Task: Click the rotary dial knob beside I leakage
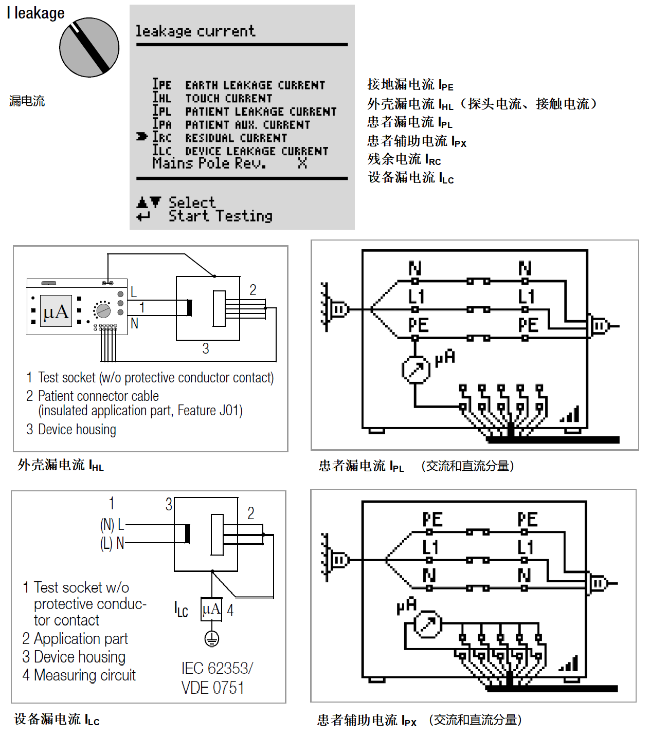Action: click(x=89, y=48)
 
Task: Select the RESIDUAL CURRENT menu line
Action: click(x=236, y=138)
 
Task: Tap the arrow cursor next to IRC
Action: click(x=142, y=137)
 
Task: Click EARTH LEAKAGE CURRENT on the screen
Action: click(x=255, y=85)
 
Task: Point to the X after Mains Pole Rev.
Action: click(x=302, y=163)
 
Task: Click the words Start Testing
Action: click(x=221, y=216)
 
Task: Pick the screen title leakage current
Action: click(x=195, y=31)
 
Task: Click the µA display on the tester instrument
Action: click(x=56, y=311)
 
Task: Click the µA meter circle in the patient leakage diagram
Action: click(x=416, y=370)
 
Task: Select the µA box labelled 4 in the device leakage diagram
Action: click(x=211, y=610)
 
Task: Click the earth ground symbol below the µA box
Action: click(x=211, y=639)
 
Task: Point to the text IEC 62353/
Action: click(x=217, y=668)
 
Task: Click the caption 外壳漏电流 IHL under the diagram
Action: click(x=61, y=466)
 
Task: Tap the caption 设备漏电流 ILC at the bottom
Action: click(x=57, y=720)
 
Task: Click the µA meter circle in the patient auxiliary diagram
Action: click(x=428, y=624)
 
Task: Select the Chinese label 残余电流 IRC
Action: click(x=404, y=159)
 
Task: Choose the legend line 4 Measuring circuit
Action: click(x=79, y=675)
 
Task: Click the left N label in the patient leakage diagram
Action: click(x=415, y=268)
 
